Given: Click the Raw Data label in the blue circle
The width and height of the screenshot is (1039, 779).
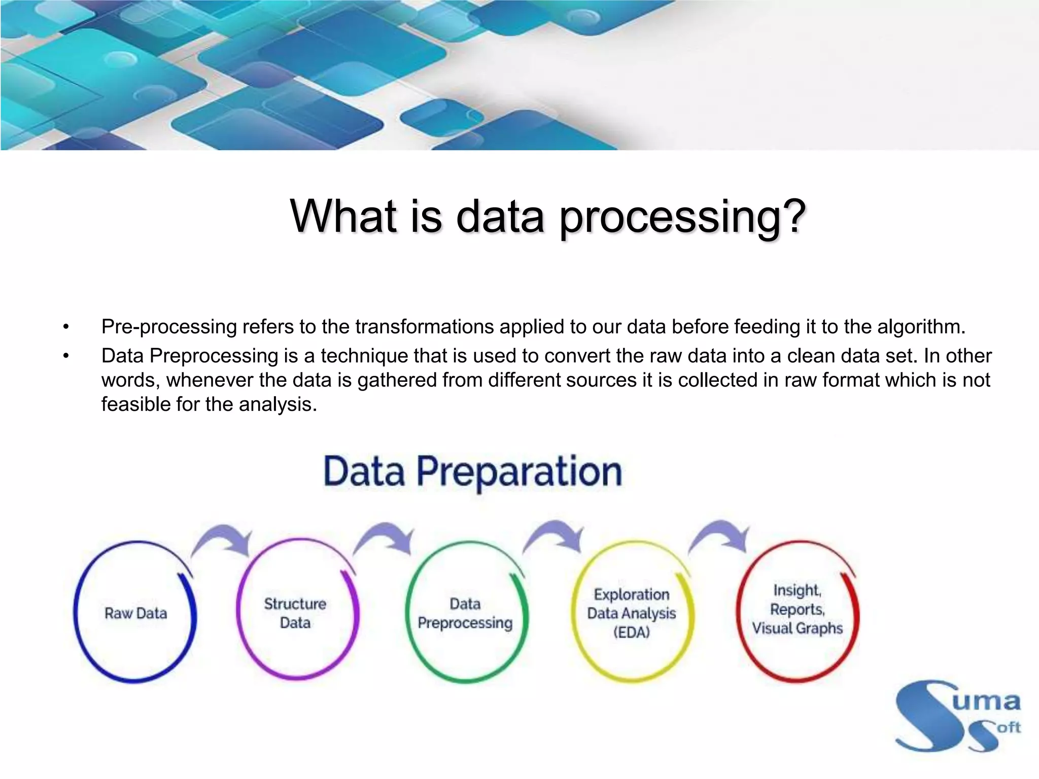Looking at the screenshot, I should click(135, 613).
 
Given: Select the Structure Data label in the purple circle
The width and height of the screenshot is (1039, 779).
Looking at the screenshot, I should click(295, 613).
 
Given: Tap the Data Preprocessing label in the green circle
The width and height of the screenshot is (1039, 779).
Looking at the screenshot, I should click(465, 613).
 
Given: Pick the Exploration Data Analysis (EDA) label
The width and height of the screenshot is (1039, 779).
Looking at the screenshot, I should click(631, 613).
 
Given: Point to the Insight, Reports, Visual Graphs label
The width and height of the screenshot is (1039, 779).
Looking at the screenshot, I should click(797, 609).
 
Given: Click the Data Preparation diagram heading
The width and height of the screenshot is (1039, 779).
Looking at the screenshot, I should click(472, 472).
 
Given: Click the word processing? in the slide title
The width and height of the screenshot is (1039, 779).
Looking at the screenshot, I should click(682, 217).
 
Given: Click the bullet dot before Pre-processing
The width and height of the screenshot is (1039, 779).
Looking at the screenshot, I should click(65, 327).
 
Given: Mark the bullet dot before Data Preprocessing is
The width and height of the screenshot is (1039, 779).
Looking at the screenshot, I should click(65, 357).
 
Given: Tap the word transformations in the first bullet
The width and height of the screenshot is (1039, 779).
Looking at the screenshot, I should click(424, 327).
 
